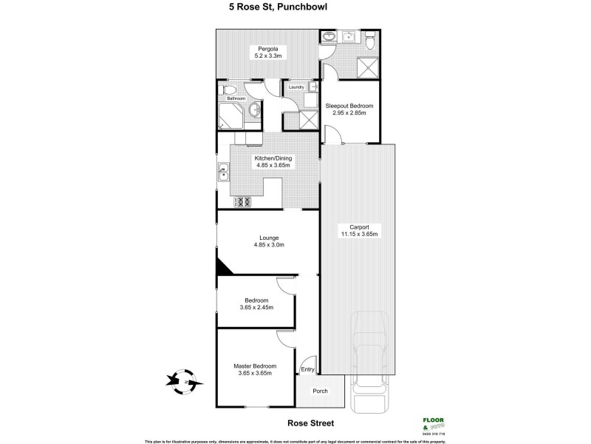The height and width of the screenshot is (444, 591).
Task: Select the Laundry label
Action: pos(296,87)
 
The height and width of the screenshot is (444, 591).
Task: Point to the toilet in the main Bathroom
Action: pos(228,90)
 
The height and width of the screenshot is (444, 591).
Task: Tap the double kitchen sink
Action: pos(222,175)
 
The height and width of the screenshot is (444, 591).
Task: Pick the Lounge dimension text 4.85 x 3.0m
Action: pos(268,244)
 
